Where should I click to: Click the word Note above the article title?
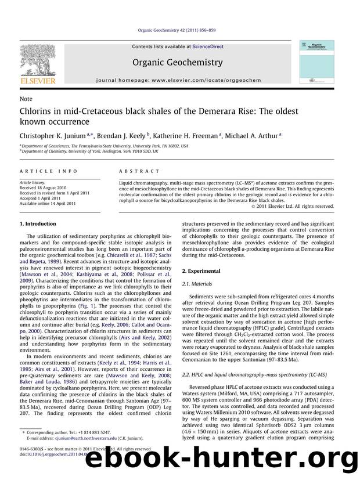pos(26,99)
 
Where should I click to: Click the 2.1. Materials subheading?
pos(197,283)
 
